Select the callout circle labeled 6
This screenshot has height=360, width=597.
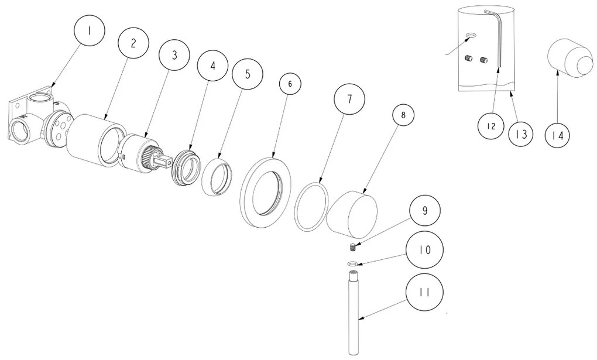tap(290, 84)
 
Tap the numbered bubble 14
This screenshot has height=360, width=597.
tap(557, 135)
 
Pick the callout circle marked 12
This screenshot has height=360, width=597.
tap(491, 126)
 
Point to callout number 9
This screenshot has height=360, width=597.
tap(425, 210)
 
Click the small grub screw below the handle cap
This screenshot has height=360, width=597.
tap(352, 247)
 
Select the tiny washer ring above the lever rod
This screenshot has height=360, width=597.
tap(352, 263)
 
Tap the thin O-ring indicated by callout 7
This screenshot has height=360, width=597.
tap(312, 207)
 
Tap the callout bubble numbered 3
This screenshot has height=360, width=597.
tap(174, 55)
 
